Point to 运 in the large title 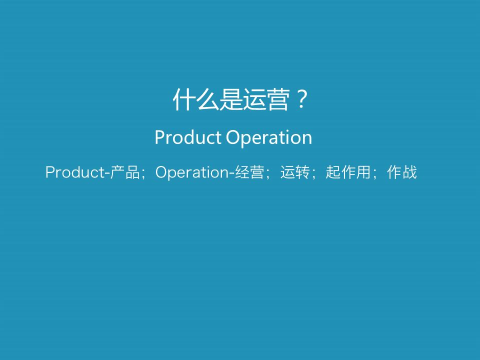point(254,99)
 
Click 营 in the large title point(278,99)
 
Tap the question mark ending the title point(302,99)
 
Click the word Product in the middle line point(188,137)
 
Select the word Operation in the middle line point(269,138)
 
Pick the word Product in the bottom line point(74,171)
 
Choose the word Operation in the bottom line point(192,172)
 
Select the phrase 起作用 point(348,171)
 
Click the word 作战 point(401,171)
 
